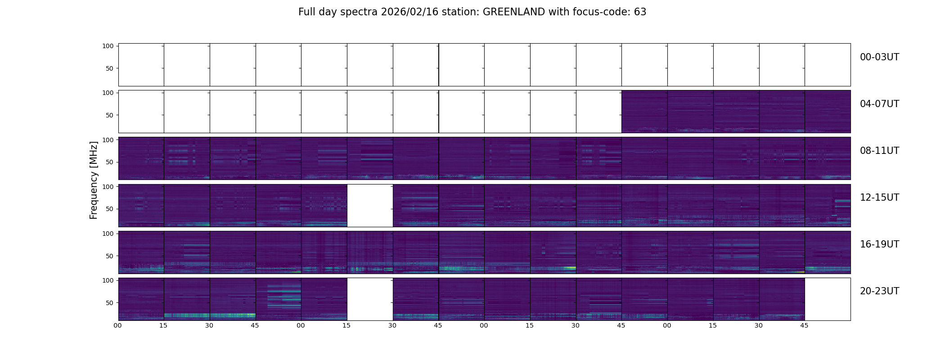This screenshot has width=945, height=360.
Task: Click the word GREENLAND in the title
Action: (x=513, y=12)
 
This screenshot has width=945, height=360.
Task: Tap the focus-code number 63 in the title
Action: (x=640, y=12)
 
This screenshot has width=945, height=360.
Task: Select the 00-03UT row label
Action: (x=879, y=57)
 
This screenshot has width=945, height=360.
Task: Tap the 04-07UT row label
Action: (x=879, y=104)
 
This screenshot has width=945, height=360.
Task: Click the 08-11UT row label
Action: (x=879, y=151)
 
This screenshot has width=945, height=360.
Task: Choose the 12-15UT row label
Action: (x=879, y=198)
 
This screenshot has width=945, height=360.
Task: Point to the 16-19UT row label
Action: (x=879, y=244)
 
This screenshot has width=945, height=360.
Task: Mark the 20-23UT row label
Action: (x=879, y=291)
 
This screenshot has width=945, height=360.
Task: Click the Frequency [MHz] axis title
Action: (x=94, y=180)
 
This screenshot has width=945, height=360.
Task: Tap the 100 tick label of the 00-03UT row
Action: (x=108, y=46)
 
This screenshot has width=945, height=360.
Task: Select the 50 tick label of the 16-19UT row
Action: (x=110, y=256)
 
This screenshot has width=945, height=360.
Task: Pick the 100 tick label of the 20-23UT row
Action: (x=108, y=280)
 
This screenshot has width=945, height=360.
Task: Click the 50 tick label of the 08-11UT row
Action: (x=110, y=162)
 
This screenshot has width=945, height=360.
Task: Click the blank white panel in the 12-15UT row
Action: (x=370, y=206)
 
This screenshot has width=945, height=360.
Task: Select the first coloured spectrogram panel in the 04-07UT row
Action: (x=644, y=112)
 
